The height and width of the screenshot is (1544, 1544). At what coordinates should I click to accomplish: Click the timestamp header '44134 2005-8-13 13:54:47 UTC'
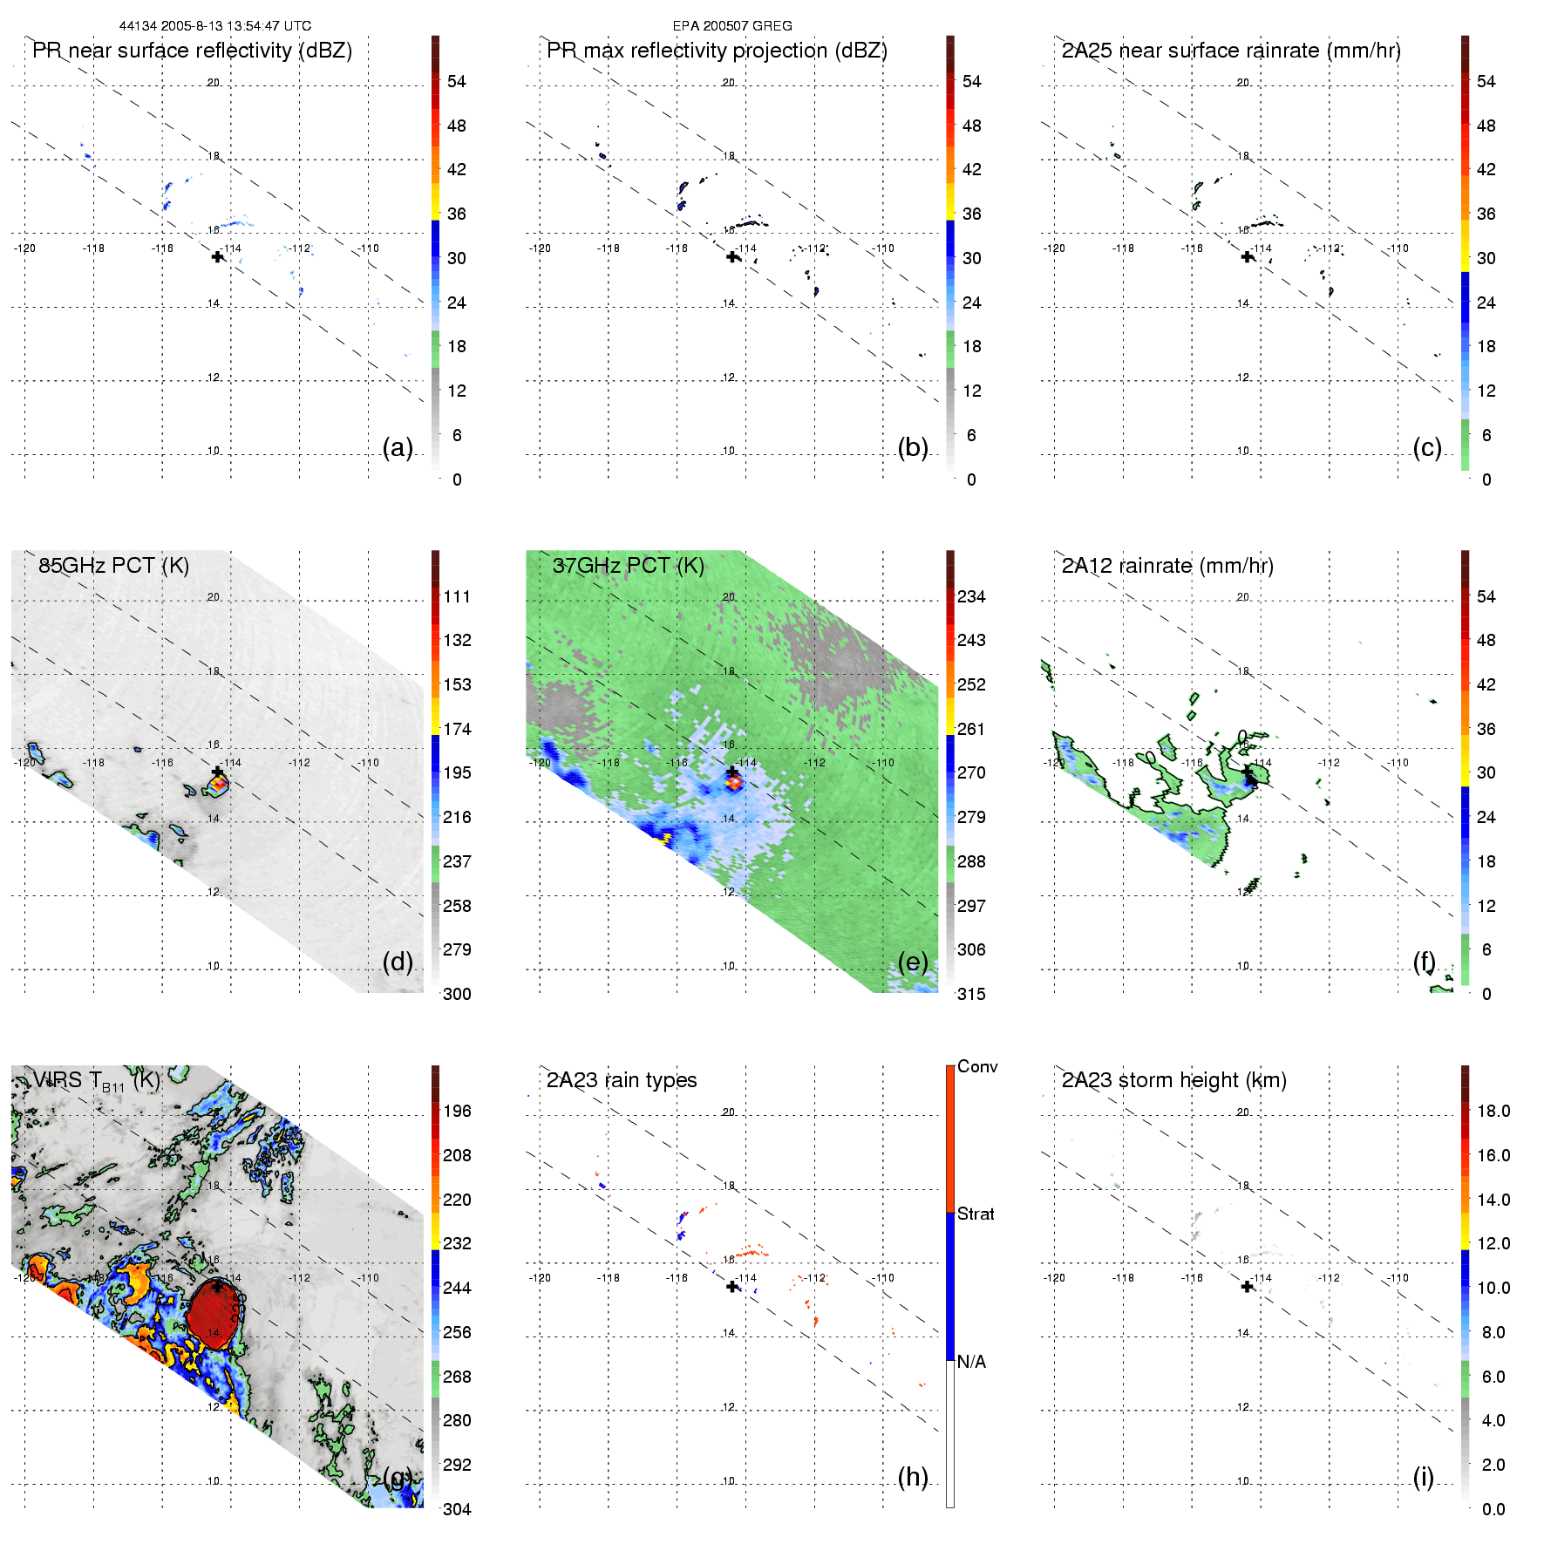tap(214, 26)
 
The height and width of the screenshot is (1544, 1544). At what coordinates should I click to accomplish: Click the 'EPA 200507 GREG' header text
tap(732, 26)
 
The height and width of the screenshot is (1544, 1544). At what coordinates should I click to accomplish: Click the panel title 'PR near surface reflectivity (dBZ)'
tap(192, 51)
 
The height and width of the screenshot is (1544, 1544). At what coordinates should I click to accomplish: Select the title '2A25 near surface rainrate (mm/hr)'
tap(1231, 51)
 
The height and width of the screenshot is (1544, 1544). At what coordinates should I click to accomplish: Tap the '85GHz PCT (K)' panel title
tap(113, 566)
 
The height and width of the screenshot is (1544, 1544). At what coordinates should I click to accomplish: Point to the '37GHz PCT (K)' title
tap(628, 566)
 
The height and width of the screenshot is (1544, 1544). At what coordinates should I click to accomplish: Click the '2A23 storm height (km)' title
tap(1173, 1080)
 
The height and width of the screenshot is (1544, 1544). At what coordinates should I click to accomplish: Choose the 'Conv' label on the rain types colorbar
tap(977, 1066)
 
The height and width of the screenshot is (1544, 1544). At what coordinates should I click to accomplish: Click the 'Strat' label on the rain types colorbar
tap(976, 1214)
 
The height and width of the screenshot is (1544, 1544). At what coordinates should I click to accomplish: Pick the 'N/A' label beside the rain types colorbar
tap(971, 1362)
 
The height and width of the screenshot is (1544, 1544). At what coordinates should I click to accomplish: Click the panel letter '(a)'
tap(398, 447)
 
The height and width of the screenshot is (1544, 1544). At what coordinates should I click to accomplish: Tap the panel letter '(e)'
tap(913, 962)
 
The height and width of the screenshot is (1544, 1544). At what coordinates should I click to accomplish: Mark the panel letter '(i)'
tap(1423, 1477)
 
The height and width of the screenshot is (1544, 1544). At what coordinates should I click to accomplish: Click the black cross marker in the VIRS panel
tap(217, 1287)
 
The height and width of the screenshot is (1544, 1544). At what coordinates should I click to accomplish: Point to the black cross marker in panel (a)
tap(217, 256)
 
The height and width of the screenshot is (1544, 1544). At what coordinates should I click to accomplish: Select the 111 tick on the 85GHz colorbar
tap(457, 596)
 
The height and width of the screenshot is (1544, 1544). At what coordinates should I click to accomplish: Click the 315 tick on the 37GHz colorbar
tap(971, 994)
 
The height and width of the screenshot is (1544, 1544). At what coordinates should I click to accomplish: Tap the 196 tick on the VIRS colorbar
tap(457, 1111)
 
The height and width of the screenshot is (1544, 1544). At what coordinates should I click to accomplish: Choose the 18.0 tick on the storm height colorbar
tap(1493, 1111)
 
